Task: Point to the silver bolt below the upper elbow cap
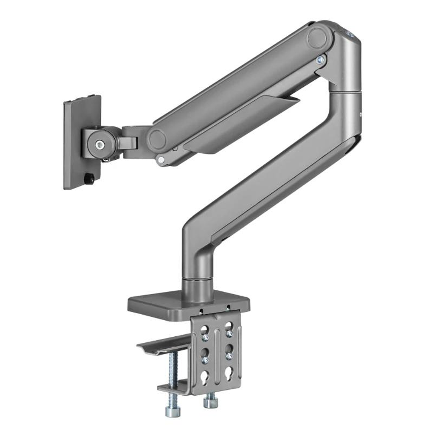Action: click(x=319, y=60)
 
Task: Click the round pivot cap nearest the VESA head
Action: click(x=157, y=139)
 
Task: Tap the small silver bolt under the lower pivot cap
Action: click(x=161, y=159)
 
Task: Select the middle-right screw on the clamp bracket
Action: click(x=229, y=356)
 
